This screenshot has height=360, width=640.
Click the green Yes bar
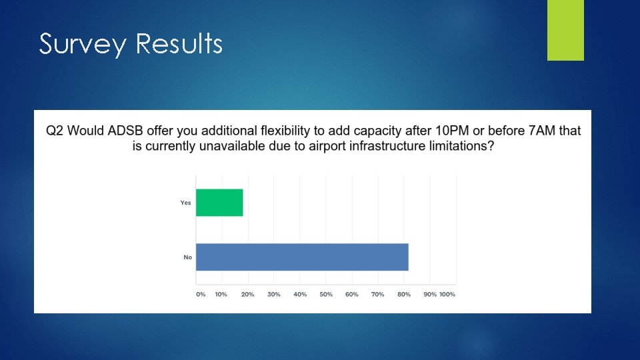219,203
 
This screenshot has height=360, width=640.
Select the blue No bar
302,257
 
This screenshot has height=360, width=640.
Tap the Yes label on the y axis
185,203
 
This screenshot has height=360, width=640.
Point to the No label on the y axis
187,257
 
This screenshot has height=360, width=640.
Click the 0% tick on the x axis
201,294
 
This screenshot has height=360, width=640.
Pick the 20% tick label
247,294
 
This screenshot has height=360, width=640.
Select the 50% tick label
326,294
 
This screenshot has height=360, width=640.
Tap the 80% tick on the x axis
404,294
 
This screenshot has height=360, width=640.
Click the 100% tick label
447,294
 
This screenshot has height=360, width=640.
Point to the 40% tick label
300,294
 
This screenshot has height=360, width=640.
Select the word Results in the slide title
179,44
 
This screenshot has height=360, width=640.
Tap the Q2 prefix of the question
56,131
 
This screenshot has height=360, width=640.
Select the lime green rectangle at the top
565,30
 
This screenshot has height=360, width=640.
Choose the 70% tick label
378,294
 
